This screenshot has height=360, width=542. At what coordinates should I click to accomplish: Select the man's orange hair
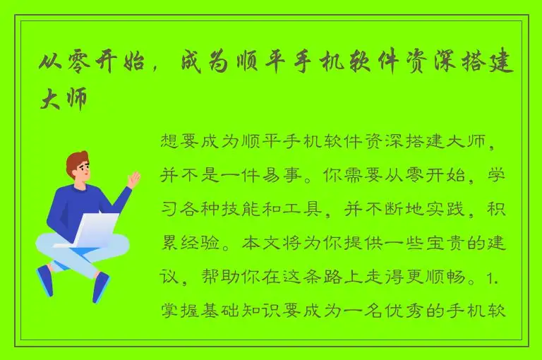(x=76, y=161)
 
